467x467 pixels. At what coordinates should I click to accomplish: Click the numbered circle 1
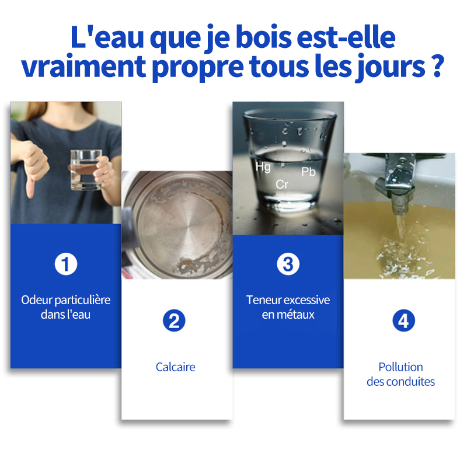click(x=66, y=264)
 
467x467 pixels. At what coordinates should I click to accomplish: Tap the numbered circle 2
click(x=174, y=320)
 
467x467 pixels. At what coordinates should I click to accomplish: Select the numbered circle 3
click(x=288, y=264)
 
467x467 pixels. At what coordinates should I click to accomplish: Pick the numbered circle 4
click(x=403, y=320)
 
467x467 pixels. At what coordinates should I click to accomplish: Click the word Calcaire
click(x=176, y=367)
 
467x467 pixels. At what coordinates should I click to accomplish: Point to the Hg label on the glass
click(x=263, y=167)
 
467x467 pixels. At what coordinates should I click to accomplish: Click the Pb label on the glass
click(x=308, y=172)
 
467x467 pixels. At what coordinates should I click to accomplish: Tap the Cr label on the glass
click(x=282, y=184)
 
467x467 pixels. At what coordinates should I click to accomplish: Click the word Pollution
click(x=400, y=367)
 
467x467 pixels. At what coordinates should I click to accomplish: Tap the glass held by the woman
click(x=86, y=170)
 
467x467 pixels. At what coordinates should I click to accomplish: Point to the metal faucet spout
click(x=395, y=184)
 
